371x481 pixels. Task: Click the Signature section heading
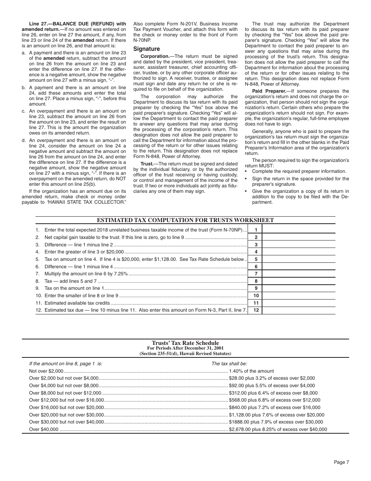coord(146,49)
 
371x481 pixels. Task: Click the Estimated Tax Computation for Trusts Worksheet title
coord(185,221)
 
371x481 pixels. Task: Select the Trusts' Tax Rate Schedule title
coord(185,343)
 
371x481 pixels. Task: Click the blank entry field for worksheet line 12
coord(298,310)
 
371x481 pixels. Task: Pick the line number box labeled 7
coord(256,274)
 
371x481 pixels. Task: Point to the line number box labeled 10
coord(256,296)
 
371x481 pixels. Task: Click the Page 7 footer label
coord(341,462)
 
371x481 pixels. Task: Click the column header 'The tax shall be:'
coord(229,364)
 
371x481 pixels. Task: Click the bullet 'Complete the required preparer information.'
coord(299,171)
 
